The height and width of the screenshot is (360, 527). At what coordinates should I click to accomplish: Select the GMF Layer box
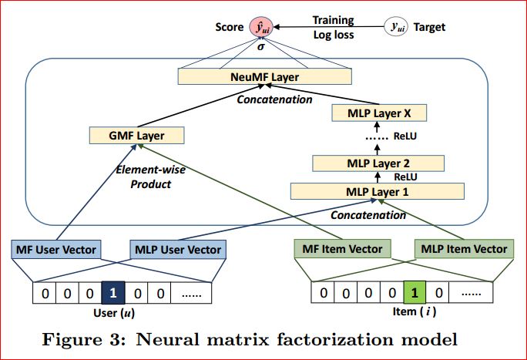pyautogui.click(x=138, y=136)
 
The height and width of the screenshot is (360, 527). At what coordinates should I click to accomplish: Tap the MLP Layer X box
pyautogui.click(x=378, y=114)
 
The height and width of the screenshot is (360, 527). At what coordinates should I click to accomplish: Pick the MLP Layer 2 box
pyautogui.click(x=378, y=163)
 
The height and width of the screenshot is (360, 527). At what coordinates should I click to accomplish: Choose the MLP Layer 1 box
pyautogui.click(x=378, y=191)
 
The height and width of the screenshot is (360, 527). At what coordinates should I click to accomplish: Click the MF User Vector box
pyautogui.click(x=53, y=249)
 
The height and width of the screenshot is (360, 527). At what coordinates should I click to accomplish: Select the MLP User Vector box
pyautogui.click(x=177, y=249)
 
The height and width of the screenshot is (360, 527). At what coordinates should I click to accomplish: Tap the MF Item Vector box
pyautogui.click(x=342, y=249)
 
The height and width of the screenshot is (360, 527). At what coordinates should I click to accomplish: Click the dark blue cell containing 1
pyautogui.click(x=112, y=294)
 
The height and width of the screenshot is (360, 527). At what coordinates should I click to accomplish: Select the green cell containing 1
pyautogui.click(x=415, y=294)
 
